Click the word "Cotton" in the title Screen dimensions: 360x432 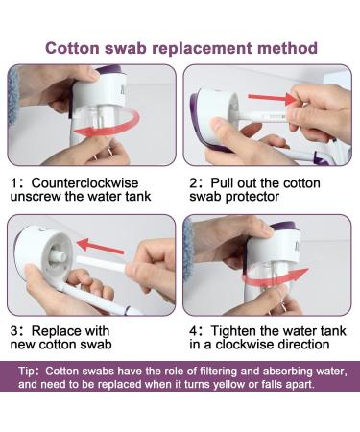click(72, 48)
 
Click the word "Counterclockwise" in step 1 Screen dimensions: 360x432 click(84, 183)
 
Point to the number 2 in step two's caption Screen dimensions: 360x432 click(194, 183)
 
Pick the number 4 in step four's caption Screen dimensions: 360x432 click(194, 331)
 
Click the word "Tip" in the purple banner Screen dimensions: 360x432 click(26, 372)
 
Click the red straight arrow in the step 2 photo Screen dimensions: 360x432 click(273, 98)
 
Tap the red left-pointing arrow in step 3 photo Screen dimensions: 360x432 click(100, 247)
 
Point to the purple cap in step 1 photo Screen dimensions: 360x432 click(110, 69)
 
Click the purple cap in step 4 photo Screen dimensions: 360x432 click(286, 226)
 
